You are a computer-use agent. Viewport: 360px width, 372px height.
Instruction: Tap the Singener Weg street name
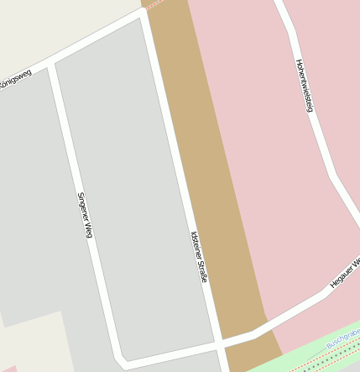click(x=84, y=215)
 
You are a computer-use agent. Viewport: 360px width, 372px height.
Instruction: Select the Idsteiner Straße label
click(x=198, y=256)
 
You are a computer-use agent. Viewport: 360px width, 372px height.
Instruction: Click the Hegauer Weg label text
click(x=345, y=274)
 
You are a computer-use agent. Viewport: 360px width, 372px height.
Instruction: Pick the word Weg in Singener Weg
click(x=87, y=228)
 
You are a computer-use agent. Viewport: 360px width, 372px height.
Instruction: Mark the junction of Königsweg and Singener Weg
click(x=51, y=65)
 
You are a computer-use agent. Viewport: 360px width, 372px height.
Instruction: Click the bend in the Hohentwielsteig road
click(x=333, y=176)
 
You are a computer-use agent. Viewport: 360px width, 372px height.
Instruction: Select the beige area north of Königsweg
click(x=50, y=25)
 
